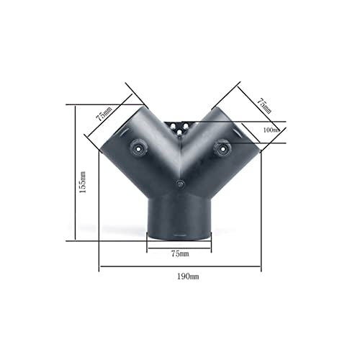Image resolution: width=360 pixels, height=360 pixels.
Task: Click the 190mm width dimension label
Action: [x=180, y=277]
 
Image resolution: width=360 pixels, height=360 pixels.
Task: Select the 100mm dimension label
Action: [x=272, y=130]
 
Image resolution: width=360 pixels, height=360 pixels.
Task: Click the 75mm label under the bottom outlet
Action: [x=180, y=254]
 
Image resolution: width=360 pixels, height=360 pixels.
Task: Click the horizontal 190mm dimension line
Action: [x=180, y=269]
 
